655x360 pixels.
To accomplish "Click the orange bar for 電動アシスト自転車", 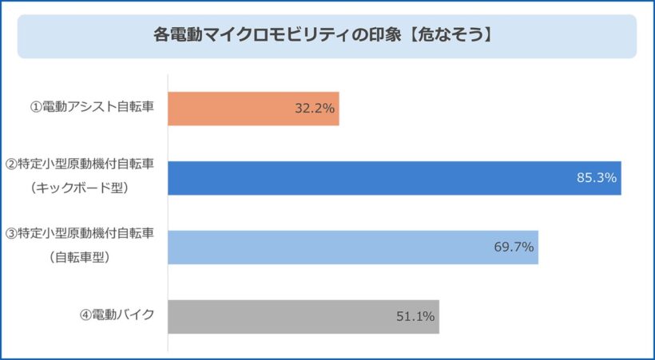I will point(240,109).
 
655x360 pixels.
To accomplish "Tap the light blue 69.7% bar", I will point(335,247).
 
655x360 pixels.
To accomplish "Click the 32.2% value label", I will point(314,109).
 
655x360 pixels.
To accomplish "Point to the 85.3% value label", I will point(597,178).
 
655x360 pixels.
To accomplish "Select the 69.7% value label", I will point(514,247).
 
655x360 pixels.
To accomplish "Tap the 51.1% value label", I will point(415,317).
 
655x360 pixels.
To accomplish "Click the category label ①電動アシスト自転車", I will point(92,108).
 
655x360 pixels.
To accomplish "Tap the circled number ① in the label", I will point(36,108).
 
